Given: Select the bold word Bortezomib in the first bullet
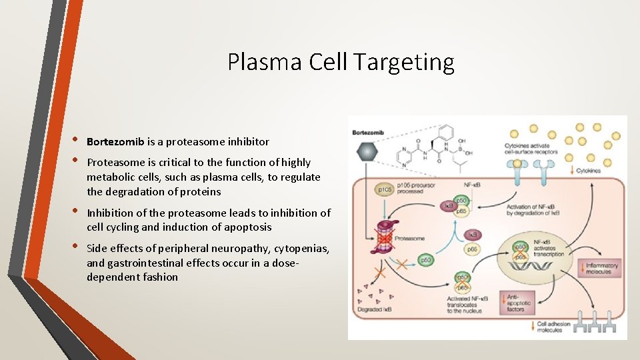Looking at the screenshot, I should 115,141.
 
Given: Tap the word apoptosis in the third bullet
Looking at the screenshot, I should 247,227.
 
